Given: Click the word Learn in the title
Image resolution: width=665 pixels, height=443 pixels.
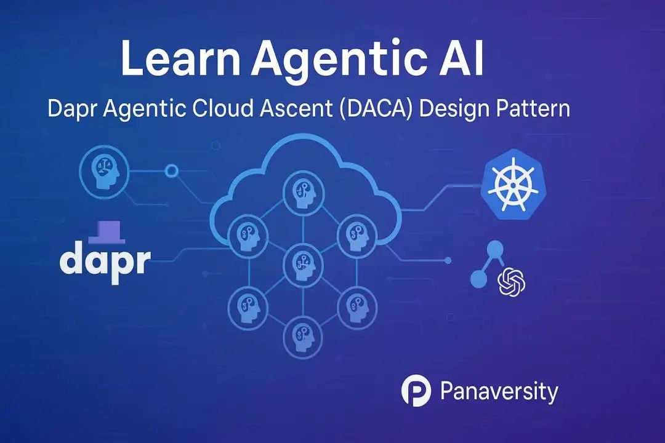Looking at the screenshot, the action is coord(180,58).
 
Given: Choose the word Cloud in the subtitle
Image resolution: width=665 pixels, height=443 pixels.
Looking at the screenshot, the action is coord(223,108).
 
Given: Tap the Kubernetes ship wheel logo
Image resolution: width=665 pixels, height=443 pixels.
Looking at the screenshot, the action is coord(513,185).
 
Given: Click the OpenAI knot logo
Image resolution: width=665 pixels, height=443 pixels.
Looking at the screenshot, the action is coord(511,282).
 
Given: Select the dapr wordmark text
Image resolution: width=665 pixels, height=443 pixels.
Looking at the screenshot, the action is coord(105,260).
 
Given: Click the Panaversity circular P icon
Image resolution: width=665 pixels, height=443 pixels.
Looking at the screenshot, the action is coord(416,391).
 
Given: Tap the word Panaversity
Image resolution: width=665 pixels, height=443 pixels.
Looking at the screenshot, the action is coord(499,392).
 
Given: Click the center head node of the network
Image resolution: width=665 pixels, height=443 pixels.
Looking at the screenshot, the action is coord(303,265).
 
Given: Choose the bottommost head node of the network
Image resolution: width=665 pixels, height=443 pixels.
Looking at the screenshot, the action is coord(303,337).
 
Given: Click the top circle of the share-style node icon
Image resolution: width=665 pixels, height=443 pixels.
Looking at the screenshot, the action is coord(495,249).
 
